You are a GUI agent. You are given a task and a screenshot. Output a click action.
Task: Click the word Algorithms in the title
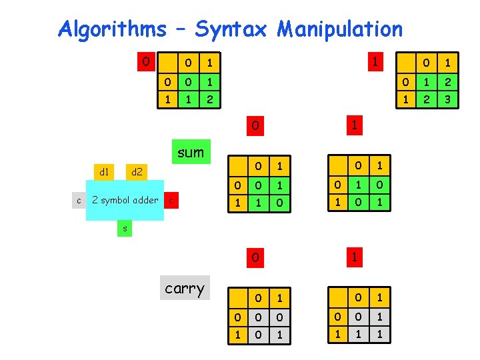coord(112,29)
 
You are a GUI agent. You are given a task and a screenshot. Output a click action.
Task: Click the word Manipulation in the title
coord(340,29)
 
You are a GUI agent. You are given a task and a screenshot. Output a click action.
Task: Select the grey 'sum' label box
coord(191,152)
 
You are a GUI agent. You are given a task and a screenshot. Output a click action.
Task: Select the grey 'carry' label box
coord(185,288)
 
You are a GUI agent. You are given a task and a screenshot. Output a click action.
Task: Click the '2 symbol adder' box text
coord(125,200)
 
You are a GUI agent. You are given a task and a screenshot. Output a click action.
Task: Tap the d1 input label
coord(104,172)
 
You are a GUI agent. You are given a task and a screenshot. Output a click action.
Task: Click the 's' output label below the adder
coord(124,229)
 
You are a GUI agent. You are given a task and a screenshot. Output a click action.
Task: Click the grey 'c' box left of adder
coord(79,200)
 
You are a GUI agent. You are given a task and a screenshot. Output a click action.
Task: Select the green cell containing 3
coord(448,100)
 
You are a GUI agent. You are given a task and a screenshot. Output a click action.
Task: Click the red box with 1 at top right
coord(376,63)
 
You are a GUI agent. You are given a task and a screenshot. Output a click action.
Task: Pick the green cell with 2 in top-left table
coord(210,100)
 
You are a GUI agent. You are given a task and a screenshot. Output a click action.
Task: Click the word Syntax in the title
coord(231,29)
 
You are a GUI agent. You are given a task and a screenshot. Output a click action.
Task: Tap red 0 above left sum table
coord(254,125)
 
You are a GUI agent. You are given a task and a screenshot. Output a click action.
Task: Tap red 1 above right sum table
coord(355,125)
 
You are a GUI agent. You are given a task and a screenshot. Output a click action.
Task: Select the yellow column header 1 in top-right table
coord(448,63)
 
